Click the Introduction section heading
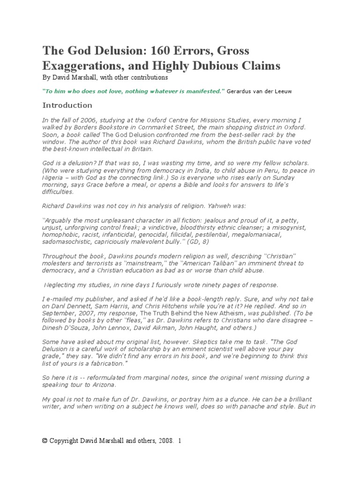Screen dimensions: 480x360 [x=67, y=105]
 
